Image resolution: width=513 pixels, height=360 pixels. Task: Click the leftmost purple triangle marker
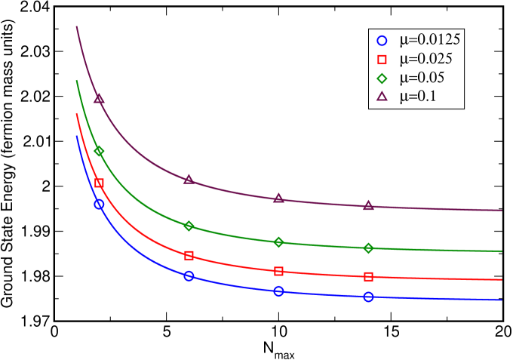coord(99,98)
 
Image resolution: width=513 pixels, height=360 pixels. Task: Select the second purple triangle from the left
coord(189,180)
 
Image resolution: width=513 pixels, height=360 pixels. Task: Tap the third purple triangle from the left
coord(278,198)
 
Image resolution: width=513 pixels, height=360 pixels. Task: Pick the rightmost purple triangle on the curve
coord(368,206)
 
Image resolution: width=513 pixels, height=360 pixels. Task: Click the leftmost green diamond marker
coord(99,152)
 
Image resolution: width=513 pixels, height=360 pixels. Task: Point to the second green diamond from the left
coord(189,226)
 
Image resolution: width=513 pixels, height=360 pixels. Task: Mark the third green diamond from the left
coord(278,242)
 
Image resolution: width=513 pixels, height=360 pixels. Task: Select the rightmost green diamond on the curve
coord(368,248)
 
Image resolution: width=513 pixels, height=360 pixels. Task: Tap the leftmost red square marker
coord(99,183)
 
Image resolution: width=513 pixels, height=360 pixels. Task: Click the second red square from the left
coord(189,256)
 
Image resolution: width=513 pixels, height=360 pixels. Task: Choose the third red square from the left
coord(278,272)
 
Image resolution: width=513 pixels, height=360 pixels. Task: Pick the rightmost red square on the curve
coord(368,277)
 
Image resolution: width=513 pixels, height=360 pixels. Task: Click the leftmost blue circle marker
coord(99,205)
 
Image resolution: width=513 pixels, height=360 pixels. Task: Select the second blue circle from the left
coord(189,276)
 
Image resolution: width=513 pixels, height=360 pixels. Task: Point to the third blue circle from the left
coord(278,291)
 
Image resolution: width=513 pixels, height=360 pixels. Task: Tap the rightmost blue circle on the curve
coord(368,297)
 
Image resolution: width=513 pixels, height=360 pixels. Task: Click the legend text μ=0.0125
coord(430,40)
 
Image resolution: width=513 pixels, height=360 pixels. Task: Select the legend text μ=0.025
coord(425,59)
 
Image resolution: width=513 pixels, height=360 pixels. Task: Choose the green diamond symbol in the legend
coord(382,78)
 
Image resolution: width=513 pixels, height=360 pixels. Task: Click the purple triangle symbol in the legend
coord(382,96)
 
